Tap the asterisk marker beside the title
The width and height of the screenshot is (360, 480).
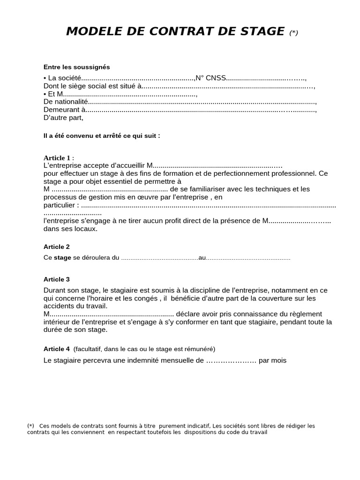(293, 33)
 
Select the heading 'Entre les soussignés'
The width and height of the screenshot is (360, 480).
(76, 67)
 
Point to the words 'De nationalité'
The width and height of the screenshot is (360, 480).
(66, 102)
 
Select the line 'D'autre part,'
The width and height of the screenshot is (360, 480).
(63, 118)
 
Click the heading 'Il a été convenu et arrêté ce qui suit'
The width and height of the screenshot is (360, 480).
(102, 136)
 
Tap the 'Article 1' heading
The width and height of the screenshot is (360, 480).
(58, 158)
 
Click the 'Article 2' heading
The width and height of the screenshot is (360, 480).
(56, 247)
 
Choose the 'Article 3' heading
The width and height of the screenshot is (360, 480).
(56, 279)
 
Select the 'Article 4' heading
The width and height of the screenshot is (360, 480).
(56, 349)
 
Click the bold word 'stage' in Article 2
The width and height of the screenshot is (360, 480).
(63, 258)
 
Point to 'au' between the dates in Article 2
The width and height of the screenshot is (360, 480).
(202, 258)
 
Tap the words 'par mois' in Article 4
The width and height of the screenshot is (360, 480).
(272, 360)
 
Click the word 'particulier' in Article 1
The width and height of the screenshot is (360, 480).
(60, 205)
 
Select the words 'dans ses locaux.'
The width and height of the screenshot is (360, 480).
(70, 229)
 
